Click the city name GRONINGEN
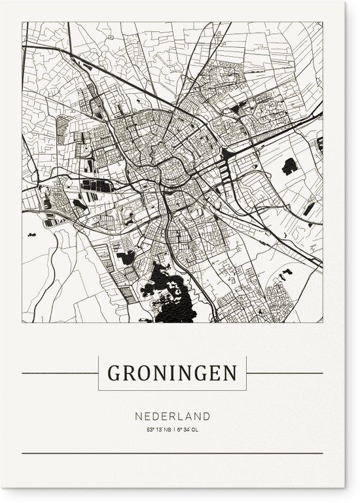pyautogui.click(x=171, y=373)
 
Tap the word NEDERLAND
pyautogui.click(x=173, y=416)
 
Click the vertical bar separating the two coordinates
pyautogui.click(x=174, y=430)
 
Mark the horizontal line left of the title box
pyautogui.click(x=60, y=373)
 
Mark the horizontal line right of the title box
pyautogui.click(x=284, y=373)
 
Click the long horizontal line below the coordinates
pyautogui.click(x=172, y=453)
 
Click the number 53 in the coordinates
pyautogui.click(x=150, y=430)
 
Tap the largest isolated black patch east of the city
pyautogui.click(x=290, y=166)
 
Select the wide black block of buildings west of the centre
pyautogui.click(x=97, y=186)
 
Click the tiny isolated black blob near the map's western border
pyautogui.click(x=31, y=233)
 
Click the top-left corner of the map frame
pyautogui.click(x=22, y=22)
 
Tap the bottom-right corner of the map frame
pyautogui.click(x=322, y=322)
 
